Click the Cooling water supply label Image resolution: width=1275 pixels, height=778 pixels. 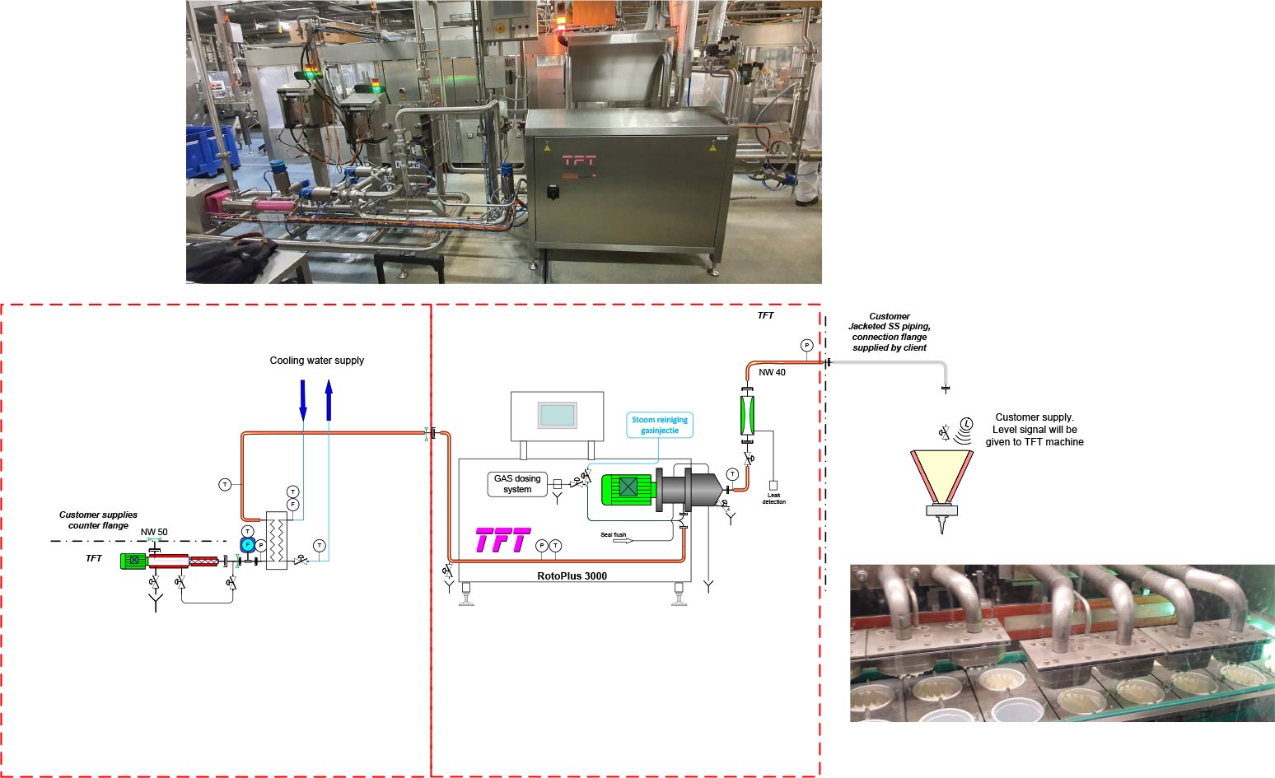point(316,361)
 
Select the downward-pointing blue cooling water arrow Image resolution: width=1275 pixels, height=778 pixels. point(303,399)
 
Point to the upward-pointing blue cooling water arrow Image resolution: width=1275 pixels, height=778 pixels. point(329,400)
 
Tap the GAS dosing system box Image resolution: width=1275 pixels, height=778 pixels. point(517,484)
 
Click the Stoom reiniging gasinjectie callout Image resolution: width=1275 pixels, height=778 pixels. point(660,425)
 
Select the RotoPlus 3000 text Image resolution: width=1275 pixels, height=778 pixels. point(572,576)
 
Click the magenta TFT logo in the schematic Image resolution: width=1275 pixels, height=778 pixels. point(502,541)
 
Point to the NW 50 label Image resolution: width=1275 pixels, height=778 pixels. point(154,532)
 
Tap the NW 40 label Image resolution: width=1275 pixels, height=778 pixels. point(772,372)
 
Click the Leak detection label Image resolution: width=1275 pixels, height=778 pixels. point(773,498)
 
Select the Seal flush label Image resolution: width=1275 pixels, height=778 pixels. point(613,535)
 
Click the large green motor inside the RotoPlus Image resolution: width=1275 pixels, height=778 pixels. point(628,488)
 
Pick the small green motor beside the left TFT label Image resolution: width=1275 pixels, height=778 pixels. point(133,561)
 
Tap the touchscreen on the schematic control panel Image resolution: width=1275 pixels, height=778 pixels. point(557,415)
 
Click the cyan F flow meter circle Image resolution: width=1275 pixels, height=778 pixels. point(247,545)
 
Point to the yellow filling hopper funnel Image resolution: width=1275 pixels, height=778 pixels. point(941,476)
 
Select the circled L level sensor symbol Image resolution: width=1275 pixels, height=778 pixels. point(967,424)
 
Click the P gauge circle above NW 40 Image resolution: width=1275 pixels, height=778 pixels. point(806,346)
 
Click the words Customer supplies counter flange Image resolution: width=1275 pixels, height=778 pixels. point(98,519)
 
